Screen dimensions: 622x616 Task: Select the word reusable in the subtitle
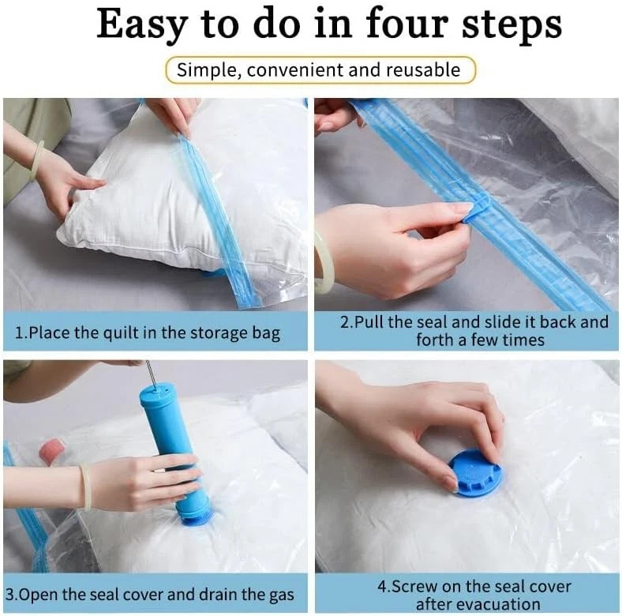(423, 69)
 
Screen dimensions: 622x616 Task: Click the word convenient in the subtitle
(295, 70)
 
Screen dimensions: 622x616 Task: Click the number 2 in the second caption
(345, 322)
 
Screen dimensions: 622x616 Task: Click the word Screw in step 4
(414, 587)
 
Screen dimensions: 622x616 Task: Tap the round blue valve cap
(475, 473)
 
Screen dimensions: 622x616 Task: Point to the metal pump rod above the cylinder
(150, 372)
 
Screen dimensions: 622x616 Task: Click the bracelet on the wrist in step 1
(38, 160)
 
